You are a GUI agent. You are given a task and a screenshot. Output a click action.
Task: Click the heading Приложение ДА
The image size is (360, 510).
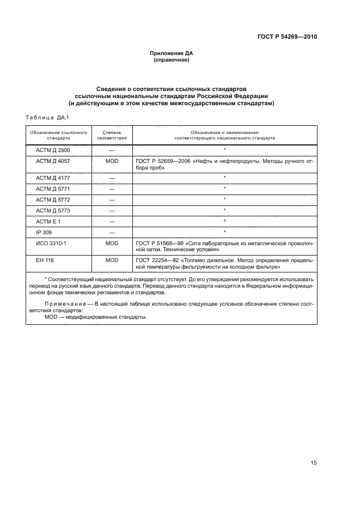pos(172,53)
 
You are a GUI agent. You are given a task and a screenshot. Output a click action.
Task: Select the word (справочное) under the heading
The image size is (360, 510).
pos(172,60)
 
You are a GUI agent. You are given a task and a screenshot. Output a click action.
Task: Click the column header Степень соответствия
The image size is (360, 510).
pos(112,135)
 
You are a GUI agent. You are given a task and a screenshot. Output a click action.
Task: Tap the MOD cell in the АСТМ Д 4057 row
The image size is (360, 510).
pos(112,162)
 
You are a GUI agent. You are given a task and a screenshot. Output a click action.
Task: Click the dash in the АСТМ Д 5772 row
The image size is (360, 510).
pos(112,199)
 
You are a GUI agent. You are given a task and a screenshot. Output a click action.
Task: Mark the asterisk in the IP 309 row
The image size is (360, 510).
pos(224,232)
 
